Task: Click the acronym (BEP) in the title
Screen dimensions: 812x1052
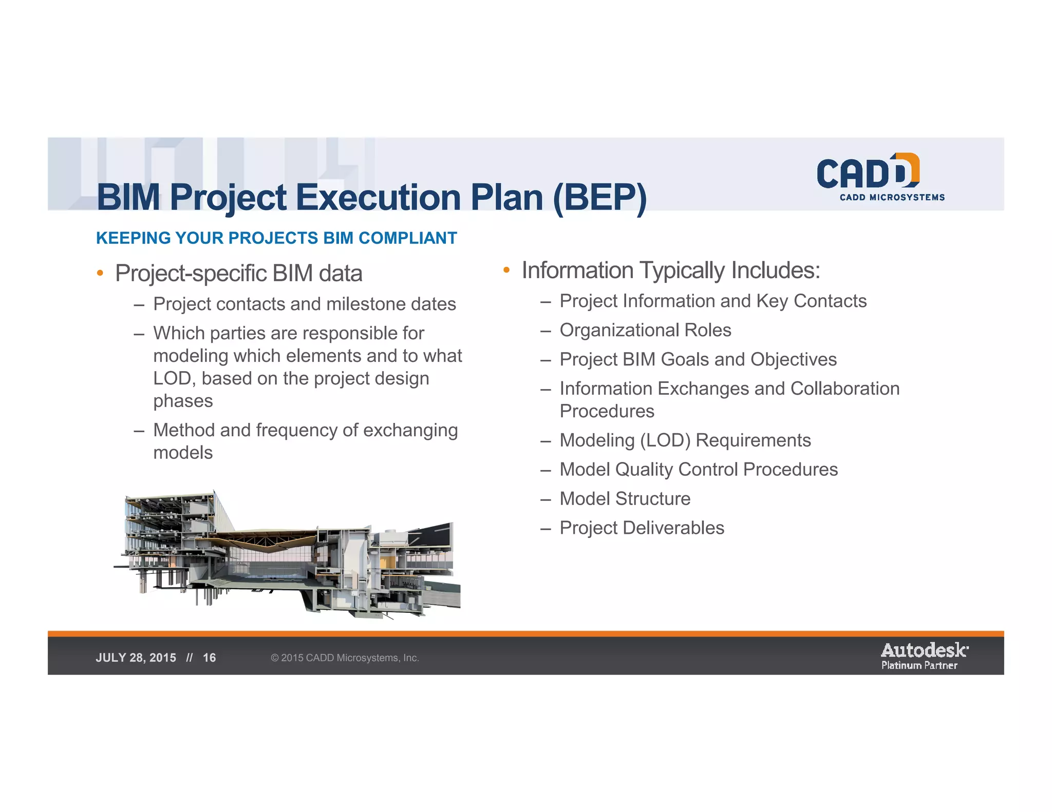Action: [x=600, y=198]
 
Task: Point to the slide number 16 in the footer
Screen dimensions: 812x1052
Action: [x=209, y=658]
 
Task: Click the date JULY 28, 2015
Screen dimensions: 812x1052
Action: [x=136, y=658]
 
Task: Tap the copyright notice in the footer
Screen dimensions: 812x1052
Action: [x=345, y=658]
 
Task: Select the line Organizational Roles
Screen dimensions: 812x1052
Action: [x=645, y=330]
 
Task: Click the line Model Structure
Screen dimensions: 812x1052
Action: [x=625, y=498]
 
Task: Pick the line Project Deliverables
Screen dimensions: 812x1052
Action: [x=642, y=528]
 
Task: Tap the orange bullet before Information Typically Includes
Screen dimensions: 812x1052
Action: [x=506, y=270]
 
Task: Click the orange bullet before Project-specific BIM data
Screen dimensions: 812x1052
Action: [x=100, y=273]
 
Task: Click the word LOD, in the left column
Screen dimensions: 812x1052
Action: [x=174, y=378]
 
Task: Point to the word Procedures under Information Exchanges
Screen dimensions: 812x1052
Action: [x=607, y=411]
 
